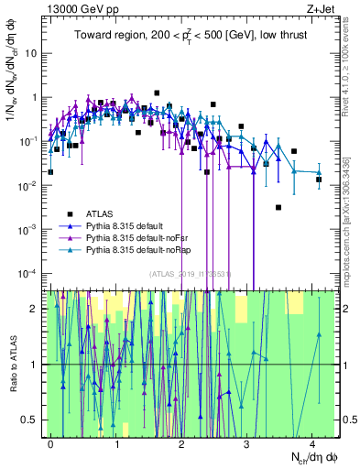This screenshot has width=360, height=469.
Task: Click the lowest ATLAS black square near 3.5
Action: [278, 207]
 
